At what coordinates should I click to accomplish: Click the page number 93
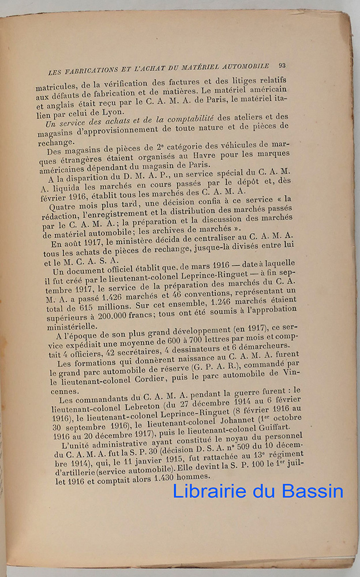(281, 65)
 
